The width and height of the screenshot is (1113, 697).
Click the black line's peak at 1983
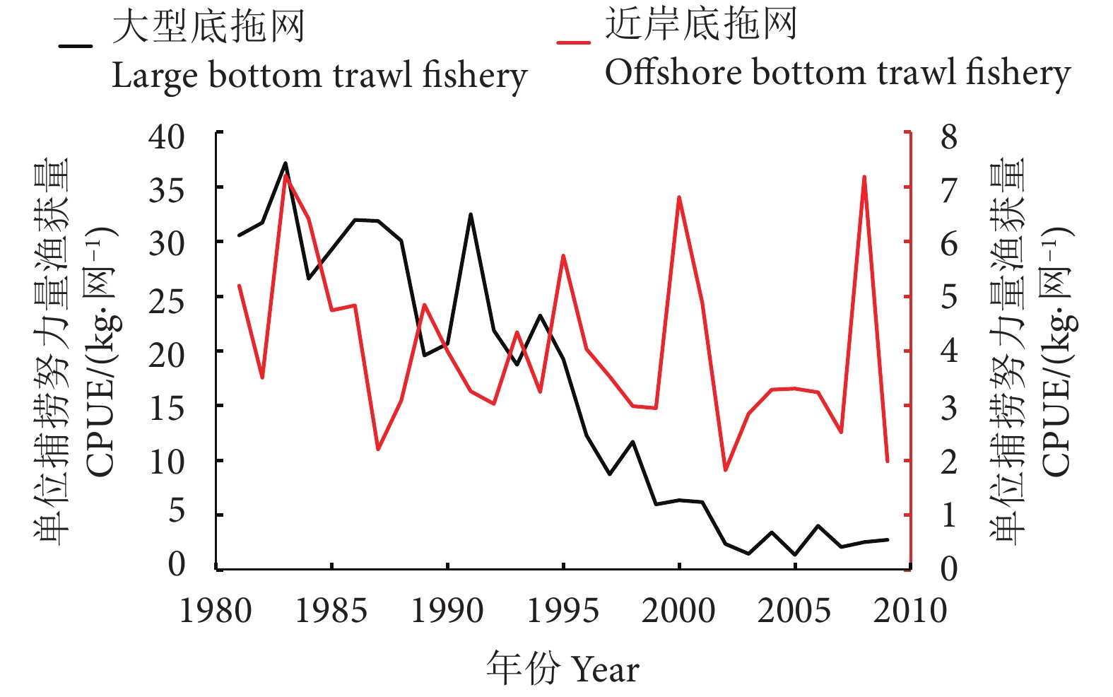tap(285, 163)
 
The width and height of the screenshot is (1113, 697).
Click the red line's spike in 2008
tap(864, 177)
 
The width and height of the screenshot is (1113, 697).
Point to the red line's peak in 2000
tap(679, 197)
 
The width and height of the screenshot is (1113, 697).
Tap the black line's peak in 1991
tap(471, 214)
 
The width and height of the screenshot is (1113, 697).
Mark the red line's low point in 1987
tap(378, 449)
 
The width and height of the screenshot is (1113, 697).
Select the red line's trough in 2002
tap(725, 469)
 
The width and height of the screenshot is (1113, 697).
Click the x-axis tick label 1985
tap(331, 611)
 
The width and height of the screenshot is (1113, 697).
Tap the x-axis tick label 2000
tap(678, 611)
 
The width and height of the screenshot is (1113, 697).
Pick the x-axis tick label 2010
tap(909, 611)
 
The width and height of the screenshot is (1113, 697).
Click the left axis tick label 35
tap(167, 190)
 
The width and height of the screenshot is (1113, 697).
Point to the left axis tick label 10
tap(167, 462)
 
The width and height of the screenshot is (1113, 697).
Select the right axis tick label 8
tap(949, 136)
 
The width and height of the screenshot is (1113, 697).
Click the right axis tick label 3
tap(949, 408)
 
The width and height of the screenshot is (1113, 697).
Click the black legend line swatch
tap(76, 47)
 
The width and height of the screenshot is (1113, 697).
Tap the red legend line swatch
tap(573, 42)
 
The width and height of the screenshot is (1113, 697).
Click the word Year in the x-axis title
tap(605, 669)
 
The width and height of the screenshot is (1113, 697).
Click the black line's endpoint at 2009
tap(888, 539)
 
